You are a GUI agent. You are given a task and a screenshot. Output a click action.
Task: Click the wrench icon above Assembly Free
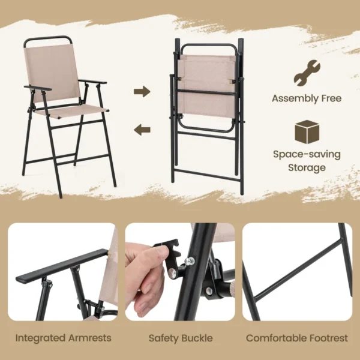306,72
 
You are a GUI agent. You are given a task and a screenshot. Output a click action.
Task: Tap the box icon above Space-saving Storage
307,131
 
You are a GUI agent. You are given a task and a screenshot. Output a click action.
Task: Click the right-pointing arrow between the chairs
142,91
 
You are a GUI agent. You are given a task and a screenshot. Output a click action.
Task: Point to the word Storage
307,167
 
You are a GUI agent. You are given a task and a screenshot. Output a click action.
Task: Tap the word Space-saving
307,154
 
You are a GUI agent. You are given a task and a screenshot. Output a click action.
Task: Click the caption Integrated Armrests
63,338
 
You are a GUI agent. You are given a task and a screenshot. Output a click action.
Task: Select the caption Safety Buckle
180,338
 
